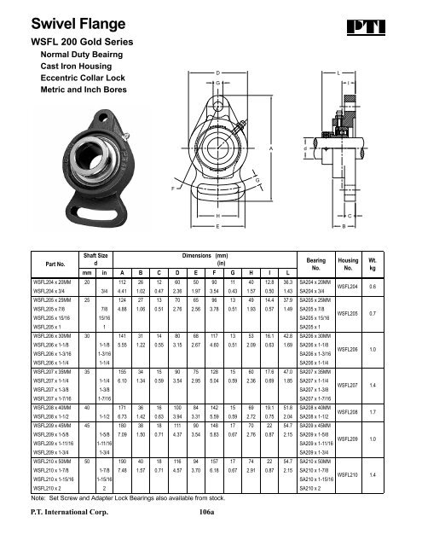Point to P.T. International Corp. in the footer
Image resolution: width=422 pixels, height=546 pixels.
[x=71, y=513]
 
